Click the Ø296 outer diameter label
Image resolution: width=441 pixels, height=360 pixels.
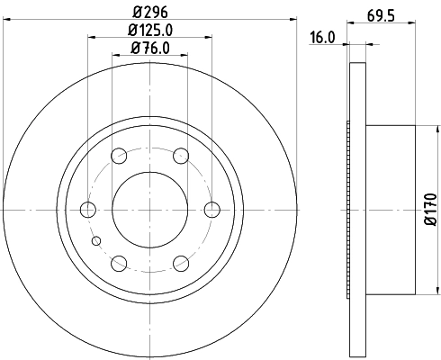tap(149, 12)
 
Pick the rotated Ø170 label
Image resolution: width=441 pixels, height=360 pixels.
tap(430, 209)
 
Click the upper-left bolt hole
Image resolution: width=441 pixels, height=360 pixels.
tap(119, 157)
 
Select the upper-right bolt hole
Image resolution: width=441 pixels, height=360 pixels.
tap(180, 157)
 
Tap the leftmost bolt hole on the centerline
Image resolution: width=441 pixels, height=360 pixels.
tap(88, 210)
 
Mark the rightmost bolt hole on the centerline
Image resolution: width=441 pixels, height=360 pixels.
tap(211, 210)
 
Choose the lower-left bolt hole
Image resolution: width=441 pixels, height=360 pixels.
tap(119, 263)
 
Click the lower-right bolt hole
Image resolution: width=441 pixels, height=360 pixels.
tap(180, 263)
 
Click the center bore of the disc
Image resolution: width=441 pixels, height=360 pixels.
tap(149, 210)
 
